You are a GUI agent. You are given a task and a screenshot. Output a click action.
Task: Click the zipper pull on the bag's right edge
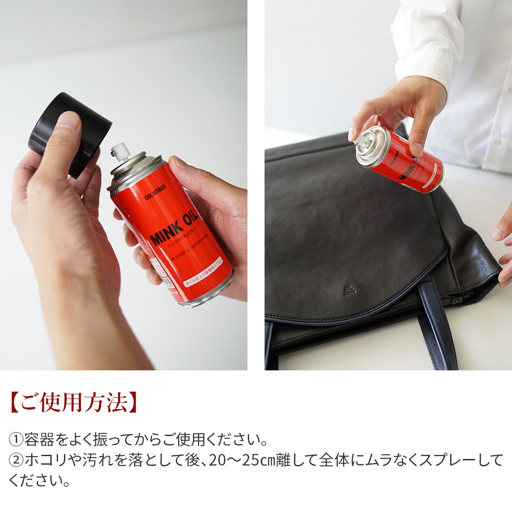tap(459, 300)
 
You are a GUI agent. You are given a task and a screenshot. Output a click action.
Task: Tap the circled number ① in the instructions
tap(16, 439)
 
